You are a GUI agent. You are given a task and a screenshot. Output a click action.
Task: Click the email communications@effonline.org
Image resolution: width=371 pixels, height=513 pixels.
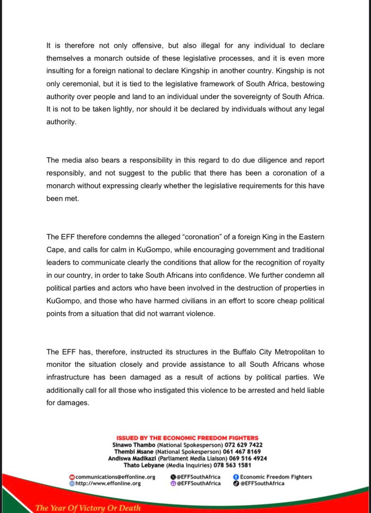[x=115, y=477]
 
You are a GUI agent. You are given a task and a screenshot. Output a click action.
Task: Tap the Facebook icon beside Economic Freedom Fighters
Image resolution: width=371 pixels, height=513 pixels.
[x=236, y=477]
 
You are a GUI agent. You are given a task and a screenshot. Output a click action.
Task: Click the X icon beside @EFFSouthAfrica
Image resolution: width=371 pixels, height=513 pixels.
[x=173, y=477]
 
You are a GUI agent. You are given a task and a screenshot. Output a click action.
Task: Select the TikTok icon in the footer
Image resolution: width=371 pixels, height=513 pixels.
[x=236, y=484]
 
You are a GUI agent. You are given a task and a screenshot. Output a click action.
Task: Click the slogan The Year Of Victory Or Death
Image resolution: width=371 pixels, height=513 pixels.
[x=88, y=508]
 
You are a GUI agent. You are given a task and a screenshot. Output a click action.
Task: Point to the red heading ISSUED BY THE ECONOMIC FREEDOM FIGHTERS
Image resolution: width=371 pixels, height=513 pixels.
[x=187, y=438]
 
